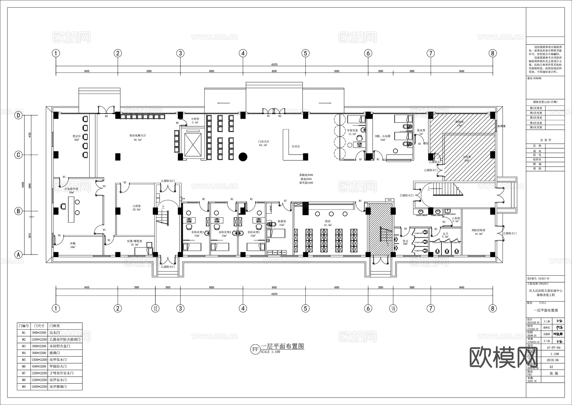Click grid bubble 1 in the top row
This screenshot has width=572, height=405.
[56, 53]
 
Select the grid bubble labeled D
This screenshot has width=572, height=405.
[19, 115]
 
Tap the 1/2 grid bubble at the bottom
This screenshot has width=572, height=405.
[155, 308]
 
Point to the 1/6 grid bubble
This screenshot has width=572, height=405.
[393, 308]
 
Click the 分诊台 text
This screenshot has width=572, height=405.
[296, 147]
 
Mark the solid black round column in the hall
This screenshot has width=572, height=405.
[243, 157]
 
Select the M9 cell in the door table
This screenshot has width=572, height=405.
[24, 387]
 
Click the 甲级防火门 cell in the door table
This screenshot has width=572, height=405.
[58, 366]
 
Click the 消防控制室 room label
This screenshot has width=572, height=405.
[478, 231]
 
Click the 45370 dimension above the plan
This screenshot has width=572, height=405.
[274, 65]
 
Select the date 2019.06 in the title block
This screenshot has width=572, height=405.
[553, 360]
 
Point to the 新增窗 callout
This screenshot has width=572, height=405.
[501, 126]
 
